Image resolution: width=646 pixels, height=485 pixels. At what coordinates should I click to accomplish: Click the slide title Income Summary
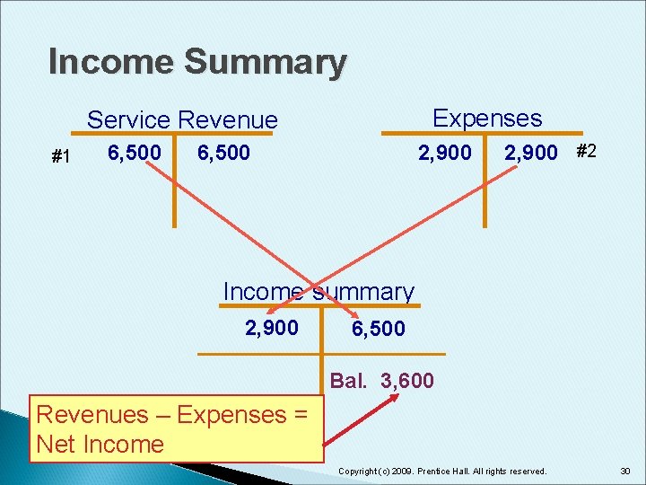[197, 62]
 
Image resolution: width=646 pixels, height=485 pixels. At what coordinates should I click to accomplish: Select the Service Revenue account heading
[182, 119]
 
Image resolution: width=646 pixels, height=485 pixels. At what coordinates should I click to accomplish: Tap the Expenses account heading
[487, 118]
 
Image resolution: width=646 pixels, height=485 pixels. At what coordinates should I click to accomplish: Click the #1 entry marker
[61, 157]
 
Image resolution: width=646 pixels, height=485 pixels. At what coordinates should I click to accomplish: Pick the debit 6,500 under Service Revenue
[135, 154]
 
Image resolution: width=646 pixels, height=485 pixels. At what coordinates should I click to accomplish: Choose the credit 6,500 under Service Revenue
[223, 154]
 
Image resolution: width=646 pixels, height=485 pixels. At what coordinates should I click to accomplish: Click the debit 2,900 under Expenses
[445, 153]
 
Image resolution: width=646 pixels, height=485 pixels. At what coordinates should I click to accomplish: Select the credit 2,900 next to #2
[530, 154]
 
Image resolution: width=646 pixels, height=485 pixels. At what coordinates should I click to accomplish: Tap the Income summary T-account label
[319, 292]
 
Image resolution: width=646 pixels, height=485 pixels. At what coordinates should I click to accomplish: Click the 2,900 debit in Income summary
[272, 327]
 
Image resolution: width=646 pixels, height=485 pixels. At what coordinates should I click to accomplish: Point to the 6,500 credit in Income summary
[378, 330]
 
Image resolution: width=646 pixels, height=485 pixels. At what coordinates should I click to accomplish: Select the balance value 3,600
[407, 381]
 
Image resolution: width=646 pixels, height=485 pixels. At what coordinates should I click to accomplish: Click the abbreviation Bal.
[348, 381]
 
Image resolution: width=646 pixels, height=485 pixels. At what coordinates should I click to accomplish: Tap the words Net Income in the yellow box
[100, 444]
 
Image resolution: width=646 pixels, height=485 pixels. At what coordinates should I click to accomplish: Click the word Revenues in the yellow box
[91, 415]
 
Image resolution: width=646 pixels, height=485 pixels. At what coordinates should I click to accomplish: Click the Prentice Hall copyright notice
[442, 471]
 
